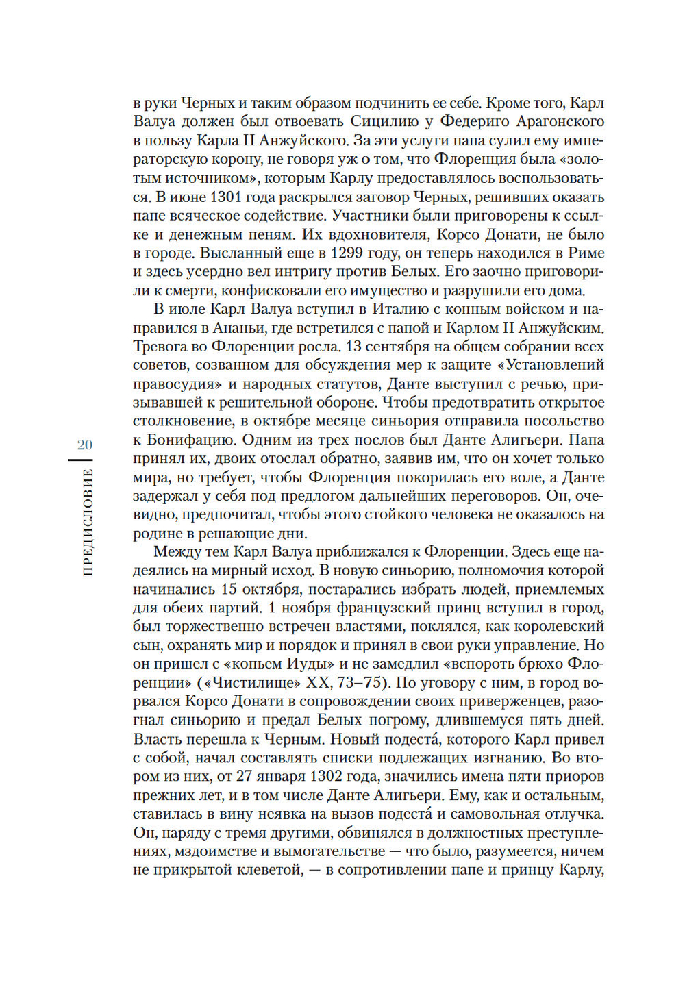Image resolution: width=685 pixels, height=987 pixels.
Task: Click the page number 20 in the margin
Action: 84,445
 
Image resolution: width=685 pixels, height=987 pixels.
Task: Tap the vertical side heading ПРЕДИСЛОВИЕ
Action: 87,522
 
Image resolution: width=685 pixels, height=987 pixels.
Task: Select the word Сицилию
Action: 385,122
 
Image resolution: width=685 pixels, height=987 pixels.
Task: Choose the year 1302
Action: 332,777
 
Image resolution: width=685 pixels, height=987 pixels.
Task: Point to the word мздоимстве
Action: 221,852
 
